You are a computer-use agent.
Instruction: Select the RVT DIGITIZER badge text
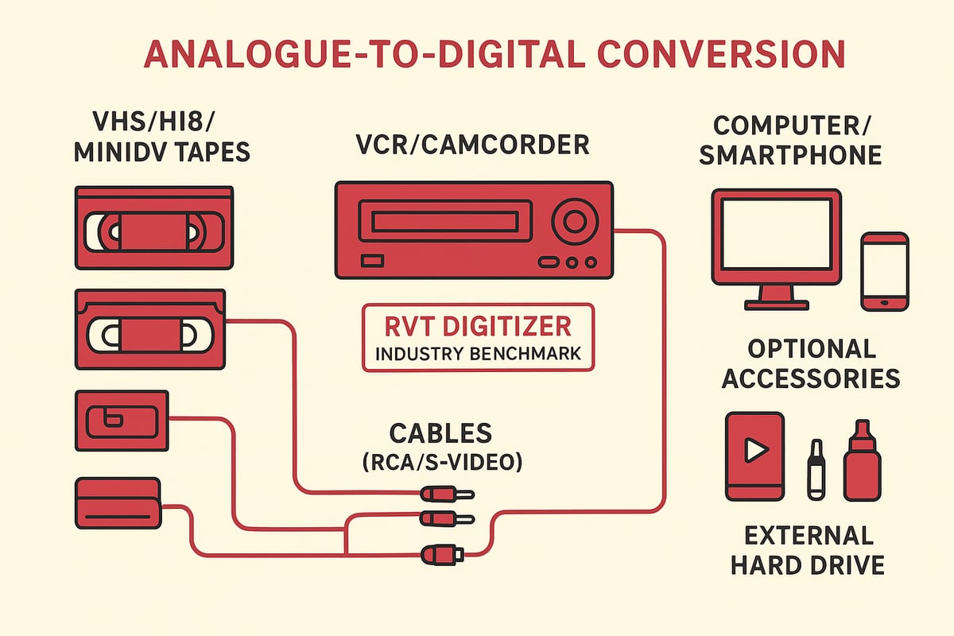point(477,327)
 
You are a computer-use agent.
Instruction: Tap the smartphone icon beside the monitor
point(885,271)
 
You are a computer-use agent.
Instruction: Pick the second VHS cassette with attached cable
point(149,329)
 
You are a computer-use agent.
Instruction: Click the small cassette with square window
point(121,421)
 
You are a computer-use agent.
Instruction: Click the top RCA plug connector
point(446,494)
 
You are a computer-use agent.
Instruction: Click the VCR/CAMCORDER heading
point(472,145)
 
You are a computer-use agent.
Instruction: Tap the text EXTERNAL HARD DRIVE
point(807,549)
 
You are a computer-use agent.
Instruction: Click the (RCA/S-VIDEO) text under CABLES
point(442,462)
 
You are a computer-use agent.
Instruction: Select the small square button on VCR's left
point(371,261)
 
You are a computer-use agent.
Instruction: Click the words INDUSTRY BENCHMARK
point(477,355)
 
